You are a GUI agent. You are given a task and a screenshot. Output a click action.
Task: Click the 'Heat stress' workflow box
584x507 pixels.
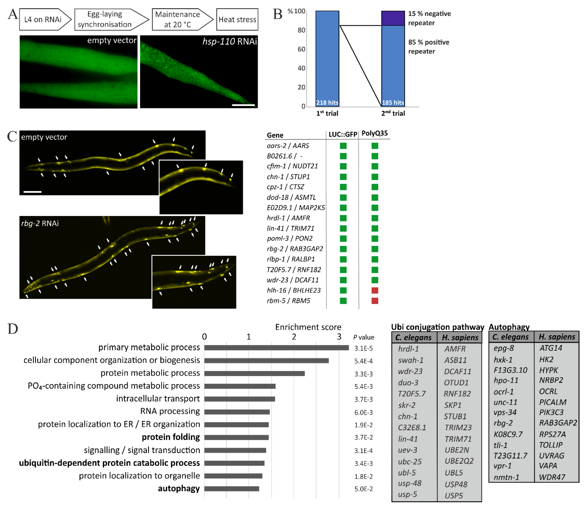[237, 20]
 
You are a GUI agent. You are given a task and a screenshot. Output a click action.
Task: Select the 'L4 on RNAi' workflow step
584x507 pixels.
[43, 20]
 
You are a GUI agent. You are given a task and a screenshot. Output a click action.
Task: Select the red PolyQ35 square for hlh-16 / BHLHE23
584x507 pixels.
[375, 290]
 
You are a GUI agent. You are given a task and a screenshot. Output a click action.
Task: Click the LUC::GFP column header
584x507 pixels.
[343, 134]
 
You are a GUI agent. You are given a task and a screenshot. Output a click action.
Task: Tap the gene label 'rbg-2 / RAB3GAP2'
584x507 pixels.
[294, 249]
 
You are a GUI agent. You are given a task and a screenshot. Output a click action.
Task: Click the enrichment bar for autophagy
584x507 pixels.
[231, 489]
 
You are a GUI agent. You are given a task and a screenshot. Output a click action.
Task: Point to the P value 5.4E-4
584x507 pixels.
[363, 361]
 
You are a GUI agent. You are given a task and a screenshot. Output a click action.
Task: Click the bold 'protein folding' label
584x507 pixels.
[171, 437]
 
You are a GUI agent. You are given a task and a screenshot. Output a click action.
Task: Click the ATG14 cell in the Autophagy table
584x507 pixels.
[550, 348]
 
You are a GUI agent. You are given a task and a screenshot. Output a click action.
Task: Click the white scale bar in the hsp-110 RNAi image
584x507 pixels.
[243, 105]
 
